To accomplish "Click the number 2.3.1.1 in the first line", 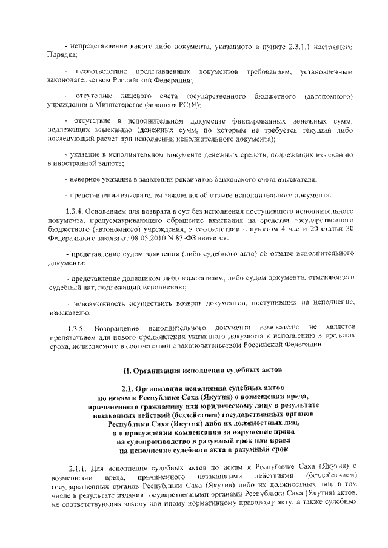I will point(294,47).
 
